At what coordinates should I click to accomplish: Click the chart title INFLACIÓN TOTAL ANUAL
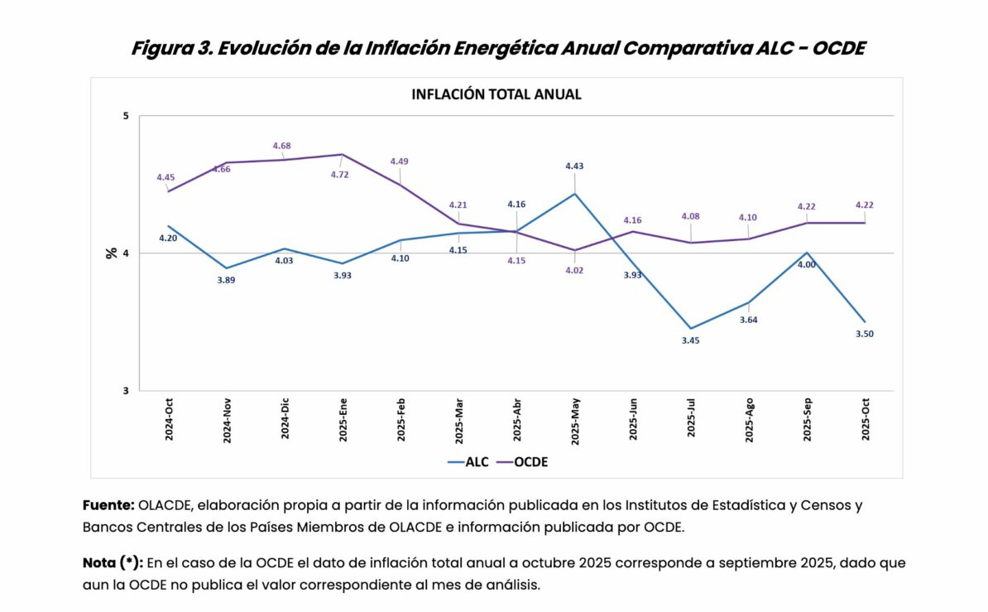pyautogui.click(x=496, y=94)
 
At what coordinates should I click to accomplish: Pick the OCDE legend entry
pyautogui.click(x=530, y=462)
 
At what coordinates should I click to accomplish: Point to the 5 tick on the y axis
pyautogui.click(x=126, y=115)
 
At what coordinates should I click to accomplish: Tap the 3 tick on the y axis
pyautogui.click(x=126, y=391)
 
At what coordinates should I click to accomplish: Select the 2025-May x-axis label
pyautogui.click(x=575, y=421)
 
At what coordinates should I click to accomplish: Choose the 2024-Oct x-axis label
pyautogui.click(x=169, y=420)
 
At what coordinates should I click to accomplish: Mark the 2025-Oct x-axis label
pyautogui.click(x=865, y=420)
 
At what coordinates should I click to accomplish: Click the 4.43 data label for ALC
pyautogui.click(x=574, y=166)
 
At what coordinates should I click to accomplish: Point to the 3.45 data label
pyautogui.click(x=690, y=340)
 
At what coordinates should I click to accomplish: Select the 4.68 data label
pyautogui.click(x=282, y=146)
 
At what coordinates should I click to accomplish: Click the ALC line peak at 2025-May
pyautogui.click(x=574, y=194)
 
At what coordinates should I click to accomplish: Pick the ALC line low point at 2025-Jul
pyautogui.click(x=691, y=329)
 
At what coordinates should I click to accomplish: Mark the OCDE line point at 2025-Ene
pyautogui.click(x=343, y=154)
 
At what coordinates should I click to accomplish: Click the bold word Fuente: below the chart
pyautogui.click(x=108, y=504)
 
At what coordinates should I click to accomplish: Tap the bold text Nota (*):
pyautogui.click(x=113, y=562)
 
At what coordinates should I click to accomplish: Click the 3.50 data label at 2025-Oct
pyautogui.click(x=865, y=334)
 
